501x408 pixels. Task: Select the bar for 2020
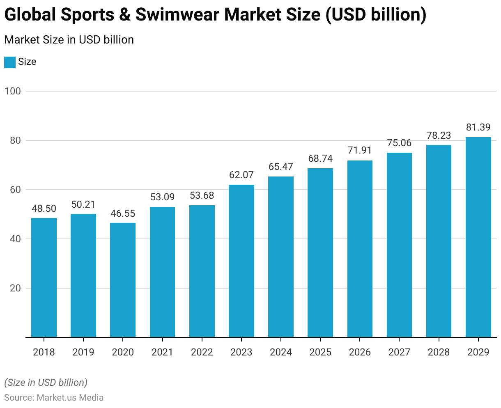coord(123,280)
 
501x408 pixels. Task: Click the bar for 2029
coord(478,237)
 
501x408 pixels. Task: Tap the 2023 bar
coord(241,261)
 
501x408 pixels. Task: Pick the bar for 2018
coord(44,277)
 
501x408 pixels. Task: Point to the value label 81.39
coord(478,128)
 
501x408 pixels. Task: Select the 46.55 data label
coord(123,213)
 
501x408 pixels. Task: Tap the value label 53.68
coord(202,196)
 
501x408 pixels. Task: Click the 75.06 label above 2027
coord(399,143)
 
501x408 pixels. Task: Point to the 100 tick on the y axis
coord(12,91)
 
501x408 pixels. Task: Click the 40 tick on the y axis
coord(15,239)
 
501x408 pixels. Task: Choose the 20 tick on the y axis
coord(15,288)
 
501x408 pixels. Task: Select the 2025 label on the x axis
coord(320,352)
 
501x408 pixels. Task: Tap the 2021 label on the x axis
coord(162,352)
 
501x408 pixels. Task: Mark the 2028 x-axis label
coord(439,352)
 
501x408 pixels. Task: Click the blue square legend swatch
coord(10,62)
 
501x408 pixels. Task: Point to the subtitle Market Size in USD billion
coord(69,40)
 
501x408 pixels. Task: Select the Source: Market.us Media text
coord(54,397)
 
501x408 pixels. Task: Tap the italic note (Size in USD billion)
coord(46,383)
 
